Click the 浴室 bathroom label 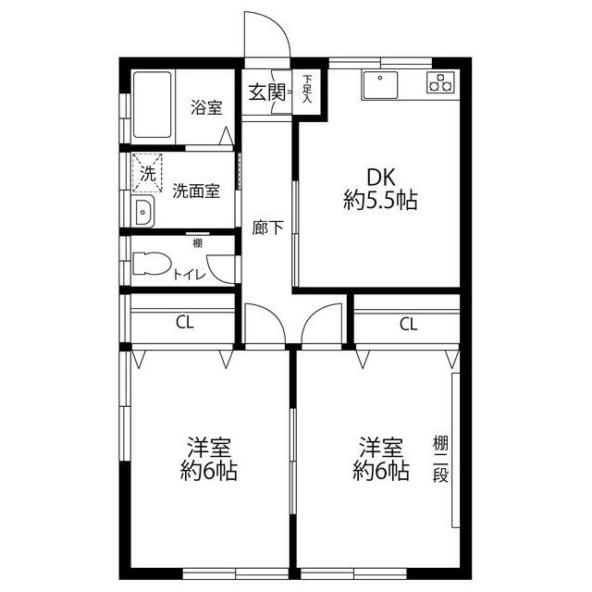coord(206,108)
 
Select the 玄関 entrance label coord(265,92)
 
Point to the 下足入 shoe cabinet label coord(307,90)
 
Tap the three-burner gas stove coord(441,82)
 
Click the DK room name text coord(379,177)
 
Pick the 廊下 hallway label coord(267,228)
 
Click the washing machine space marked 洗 coord(147,171)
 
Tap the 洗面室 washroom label coord(196,191)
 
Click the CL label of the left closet coord(185,323)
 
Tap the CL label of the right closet coord(408,324)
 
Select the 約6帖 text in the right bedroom coord(380,472)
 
